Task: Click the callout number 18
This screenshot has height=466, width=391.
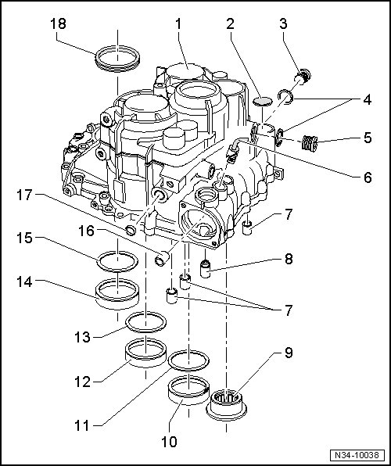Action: point(58,23)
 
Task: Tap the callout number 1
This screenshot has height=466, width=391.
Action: point(178,23)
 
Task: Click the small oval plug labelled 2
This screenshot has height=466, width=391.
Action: point(263,102)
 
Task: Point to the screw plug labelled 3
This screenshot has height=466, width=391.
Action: point(303,77)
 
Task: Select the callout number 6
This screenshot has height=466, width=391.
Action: point(368,177)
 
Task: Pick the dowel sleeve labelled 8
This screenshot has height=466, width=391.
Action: point(205,268)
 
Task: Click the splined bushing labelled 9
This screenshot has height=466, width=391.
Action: point(226,404)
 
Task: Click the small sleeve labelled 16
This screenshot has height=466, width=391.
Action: point(162,259)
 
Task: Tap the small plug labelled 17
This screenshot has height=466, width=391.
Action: point(131,230)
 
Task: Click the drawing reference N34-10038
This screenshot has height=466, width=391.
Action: point(357,455)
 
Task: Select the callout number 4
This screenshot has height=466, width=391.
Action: point(368,100)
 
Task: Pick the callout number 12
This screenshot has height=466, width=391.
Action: point(82,382)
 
